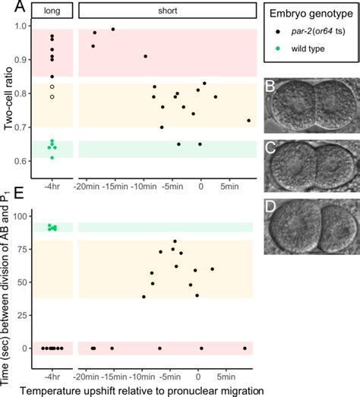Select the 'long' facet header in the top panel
tap(52, 11)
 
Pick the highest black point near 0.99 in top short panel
tap(113, 29)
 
